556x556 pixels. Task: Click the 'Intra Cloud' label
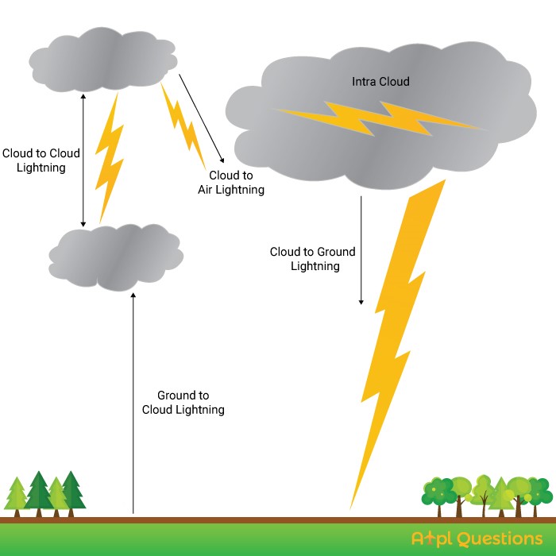point(380,82)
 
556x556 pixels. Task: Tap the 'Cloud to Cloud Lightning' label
point(41,160)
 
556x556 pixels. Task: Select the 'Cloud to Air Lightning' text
point(231,182)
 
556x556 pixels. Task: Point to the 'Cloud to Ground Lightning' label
point(312,258)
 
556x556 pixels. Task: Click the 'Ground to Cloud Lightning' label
point(183,402)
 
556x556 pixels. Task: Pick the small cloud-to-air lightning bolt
point(183,125)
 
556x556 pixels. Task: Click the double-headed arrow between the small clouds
point(83,160)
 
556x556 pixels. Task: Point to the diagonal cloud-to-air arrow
point(202,118)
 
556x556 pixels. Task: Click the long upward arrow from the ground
point(133,403)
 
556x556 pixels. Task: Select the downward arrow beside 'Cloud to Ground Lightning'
point(361,250)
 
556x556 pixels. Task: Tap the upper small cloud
point(102,60)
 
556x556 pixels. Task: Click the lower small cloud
point(116,257)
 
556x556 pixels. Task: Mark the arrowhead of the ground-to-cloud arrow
point(133,295)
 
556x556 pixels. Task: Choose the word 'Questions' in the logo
point(500,539)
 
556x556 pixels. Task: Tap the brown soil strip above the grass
point(278,520)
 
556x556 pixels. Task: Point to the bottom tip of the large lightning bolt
point(350,509)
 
